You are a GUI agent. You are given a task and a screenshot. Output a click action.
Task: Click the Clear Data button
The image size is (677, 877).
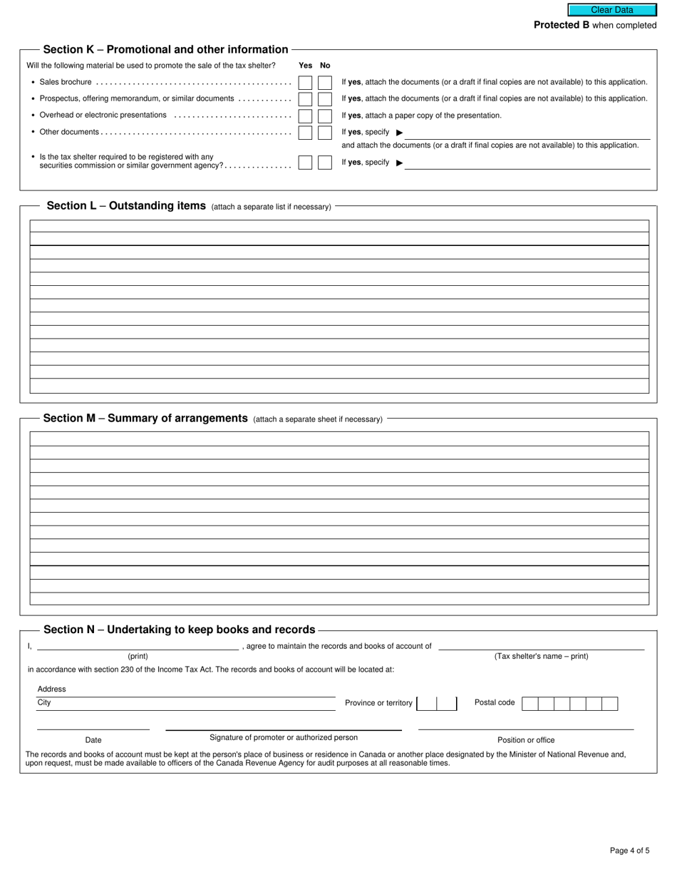[x=611, y=10]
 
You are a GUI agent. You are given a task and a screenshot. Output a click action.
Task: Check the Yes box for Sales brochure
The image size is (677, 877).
[x=305, y=83]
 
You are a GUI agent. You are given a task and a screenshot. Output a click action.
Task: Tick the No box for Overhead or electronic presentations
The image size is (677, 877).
[x=325, y=116]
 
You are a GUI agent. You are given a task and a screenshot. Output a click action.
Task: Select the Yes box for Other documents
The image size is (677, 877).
[x=305, y=133]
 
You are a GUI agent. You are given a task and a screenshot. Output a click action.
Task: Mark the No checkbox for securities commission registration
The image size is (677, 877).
[x=325, y=163]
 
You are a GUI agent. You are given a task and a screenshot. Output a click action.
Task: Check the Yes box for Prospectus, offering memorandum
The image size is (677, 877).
[x=305, y=99]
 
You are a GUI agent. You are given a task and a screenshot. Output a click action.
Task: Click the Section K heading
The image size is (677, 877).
[x=165, y=50]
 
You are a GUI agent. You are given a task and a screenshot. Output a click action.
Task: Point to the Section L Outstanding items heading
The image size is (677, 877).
[x=125, y=206]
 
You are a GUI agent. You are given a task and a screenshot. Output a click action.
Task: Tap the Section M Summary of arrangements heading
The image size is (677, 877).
[x=145, y=419]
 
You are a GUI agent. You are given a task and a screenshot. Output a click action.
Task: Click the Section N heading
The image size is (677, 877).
[x=179, y=630]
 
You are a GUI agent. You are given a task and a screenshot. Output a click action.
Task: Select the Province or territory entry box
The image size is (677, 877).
[x=436, y=704]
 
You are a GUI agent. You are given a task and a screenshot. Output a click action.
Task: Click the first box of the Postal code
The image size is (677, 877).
[x=529, y=704]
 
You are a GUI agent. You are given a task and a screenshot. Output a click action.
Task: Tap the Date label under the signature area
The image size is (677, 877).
[x=93, y=740]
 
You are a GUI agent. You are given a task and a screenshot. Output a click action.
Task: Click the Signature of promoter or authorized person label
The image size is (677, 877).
[x=284, y=737]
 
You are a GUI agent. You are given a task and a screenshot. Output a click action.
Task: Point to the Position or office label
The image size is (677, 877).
[x=525, y=740]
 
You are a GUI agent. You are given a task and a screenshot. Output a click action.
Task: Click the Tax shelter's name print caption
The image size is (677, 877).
[x=541, y=656]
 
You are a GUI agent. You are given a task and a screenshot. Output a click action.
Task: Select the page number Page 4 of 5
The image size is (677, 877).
[x=629, y=850]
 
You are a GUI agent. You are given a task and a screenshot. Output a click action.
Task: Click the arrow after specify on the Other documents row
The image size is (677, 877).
[x=399, y=133]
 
